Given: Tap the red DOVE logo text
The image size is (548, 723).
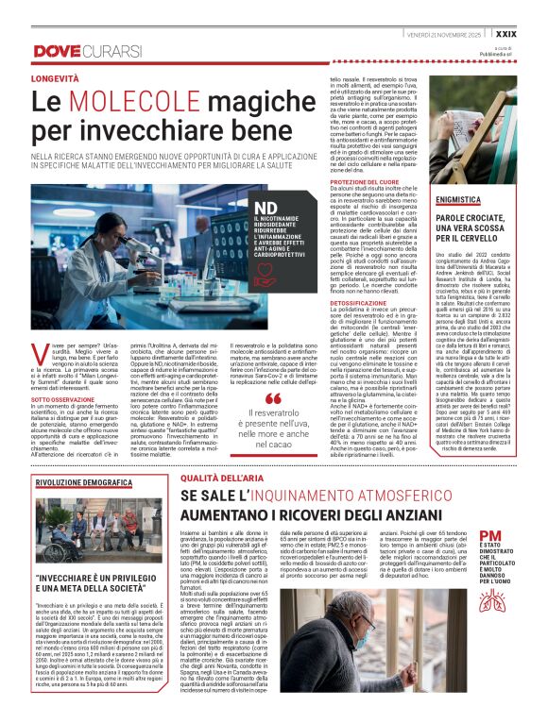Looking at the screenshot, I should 58,49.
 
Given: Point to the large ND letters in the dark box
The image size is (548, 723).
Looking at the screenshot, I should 242,207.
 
